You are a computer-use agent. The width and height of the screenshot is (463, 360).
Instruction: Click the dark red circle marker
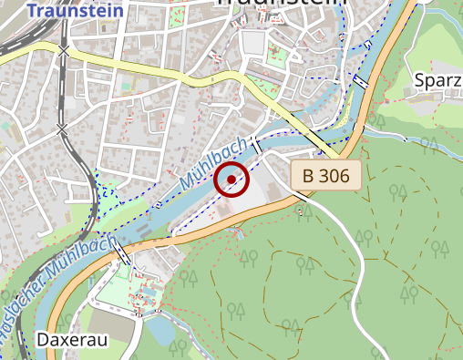[231, 180]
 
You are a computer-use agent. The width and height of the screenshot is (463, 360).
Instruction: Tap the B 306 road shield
[326, 176]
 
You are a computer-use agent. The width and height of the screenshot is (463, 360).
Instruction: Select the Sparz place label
[437, 79]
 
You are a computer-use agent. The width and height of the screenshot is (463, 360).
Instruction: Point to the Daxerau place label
[72, 339]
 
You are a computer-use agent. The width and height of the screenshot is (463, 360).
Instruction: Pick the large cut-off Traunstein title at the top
[283, 5]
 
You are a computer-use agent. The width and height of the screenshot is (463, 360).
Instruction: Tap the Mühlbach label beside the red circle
[213, 163]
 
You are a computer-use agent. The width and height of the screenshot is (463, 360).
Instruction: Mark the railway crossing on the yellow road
[64, 51]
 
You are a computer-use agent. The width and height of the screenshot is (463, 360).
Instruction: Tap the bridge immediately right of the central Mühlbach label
[257, 146]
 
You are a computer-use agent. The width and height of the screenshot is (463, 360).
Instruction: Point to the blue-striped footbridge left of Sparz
[362, 82]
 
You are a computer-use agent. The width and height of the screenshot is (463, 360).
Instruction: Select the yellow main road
[182, 74]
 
